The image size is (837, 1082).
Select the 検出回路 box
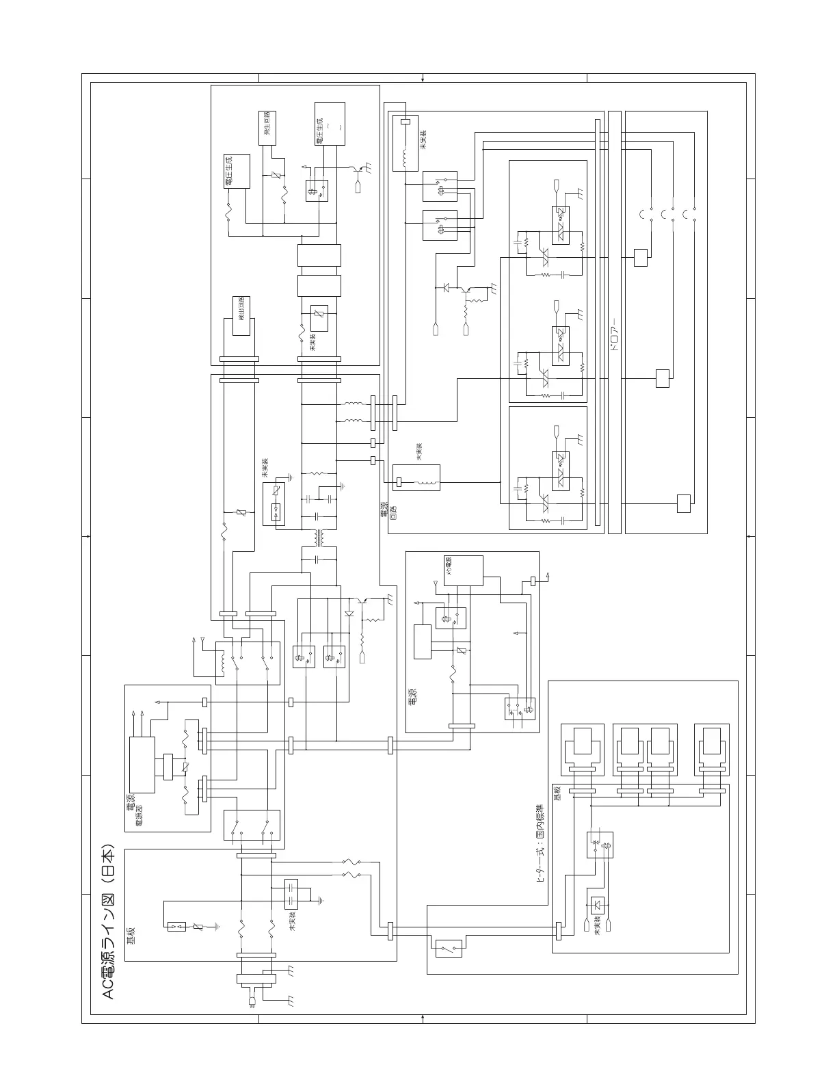241,316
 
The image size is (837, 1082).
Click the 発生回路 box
267,127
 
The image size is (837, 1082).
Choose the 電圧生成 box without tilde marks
237,171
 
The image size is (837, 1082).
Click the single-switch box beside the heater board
448,948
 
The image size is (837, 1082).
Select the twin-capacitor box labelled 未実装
291,894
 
